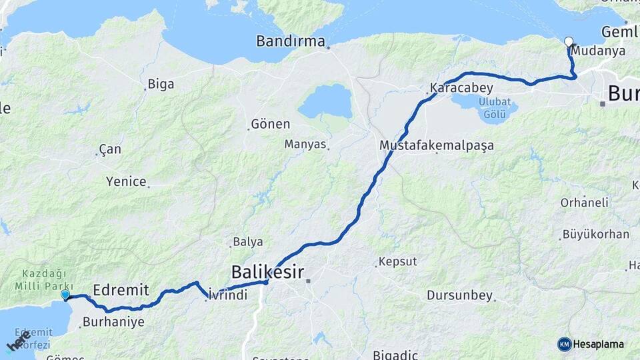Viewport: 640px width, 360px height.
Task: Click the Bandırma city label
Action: point(290,41)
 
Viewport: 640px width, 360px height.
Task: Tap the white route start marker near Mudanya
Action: point(569,41)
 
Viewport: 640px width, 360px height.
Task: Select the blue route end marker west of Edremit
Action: point(65,295)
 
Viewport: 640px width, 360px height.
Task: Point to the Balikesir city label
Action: point(267,272)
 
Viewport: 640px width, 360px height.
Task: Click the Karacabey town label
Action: point(461,88)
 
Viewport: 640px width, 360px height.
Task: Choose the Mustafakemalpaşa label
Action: point(437,145)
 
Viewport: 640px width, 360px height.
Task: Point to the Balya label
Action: point(247,242)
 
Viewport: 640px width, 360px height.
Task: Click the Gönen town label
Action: point(270,124)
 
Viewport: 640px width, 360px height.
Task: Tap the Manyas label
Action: point(305,144)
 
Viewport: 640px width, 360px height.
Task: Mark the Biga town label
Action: point(161,84)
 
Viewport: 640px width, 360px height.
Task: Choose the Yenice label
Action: point(126,181)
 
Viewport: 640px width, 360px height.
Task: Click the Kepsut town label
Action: point(398,261)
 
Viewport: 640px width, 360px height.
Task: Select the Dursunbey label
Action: point(459,295)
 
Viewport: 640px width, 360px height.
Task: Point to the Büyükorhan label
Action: point(595,234)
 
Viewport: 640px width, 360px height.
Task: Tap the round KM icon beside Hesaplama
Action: point(565,344)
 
